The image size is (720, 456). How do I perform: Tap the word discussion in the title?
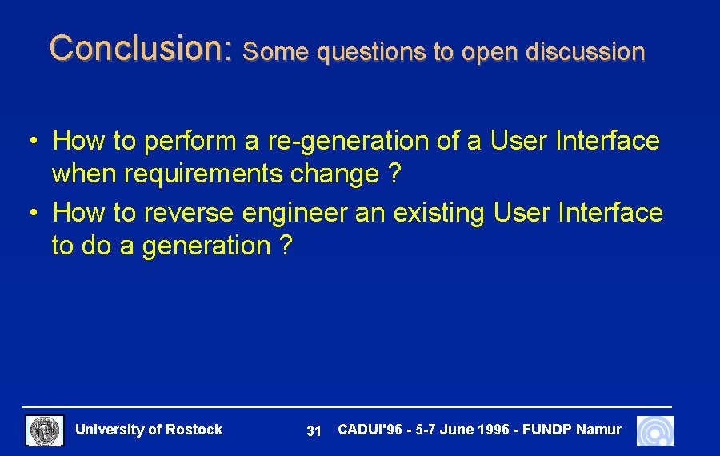[586, 52]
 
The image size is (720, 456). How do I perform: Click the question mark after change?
[394, 174]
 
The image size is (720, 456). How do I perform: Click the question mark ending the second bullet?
[286, 246]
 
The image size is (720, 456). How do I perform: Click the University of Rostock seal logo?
[45, 430]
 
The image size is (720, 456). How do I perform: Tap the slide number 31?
[314, 431]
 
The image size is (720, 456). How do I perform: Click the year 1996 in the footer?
[494, 430]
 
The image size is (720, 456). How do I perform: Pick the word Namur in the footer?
[598, 430]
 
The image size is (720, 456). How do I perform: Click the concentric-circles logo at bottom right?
[655, 430]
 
